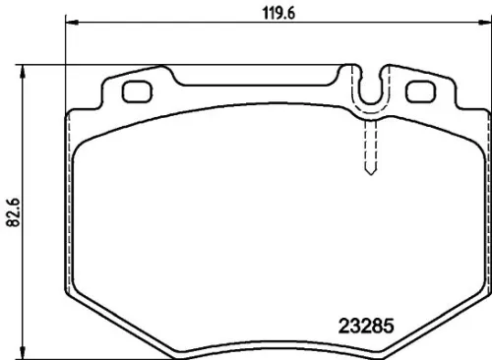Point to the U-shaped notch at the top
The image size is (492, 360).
pos(370,90)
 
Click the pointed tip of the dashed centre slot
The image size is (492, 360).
pos(370,174)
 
